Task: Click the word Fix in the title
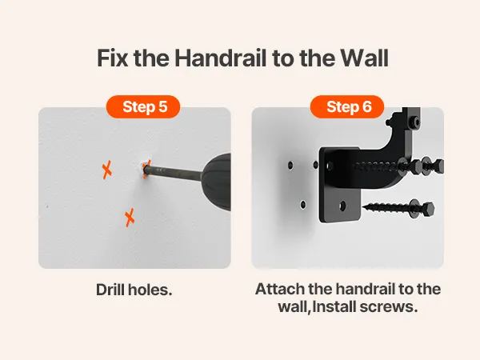tap(112, 58)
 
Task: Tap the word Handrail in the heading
tap(221, 58)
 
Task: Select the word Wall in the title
tap(365, 58)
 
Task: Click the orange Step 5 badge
tap(143, 106)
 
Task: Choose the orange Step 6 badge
tap(347, 106)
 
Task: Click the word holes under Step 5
tap(150, 290)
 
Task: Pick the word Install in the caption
tap(334, 306)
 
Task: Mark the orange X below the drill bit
tap(130, 218)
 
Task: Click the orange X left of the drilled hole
tap(107, 170)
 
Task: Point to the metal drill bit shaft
tap(173, 173)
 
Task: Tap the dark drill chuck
tap(216, 182)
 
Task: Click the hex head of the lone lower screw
tap(428, 210)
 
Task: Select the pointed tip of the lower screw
tap(364, 207)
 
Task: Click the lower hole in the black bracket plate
tap(342, 206)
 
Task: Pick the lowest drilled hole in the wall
tap(303, 204)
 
